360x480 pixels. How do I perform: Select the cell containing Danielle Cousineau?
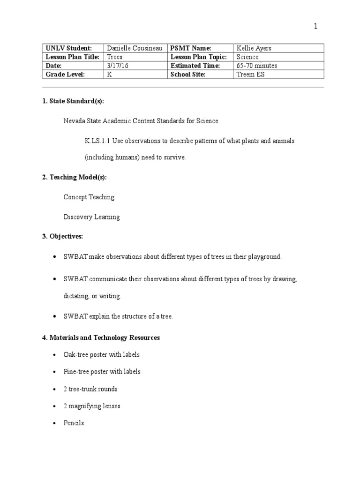135,48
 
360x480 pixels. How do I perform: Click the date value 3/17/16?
118,66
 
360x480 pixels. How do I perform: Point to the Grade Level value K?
110,75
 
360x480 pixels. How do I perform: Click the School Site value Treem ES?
251,75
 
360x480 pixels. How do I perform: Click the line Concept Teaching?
89,197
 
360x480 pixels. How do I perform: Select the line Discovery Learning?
91,217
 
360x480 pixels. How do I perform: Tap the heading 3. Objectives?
63,236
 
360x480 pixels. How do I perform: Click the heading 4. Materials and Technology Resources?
101,337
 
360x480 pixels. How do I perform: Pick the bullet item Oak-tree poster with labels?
102,355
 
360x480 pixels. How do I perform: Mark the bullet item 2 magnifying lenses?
92,406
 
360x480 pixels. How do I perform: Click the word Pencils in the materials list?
74,423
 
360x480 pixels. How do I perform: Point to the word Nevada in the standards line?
74,121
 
